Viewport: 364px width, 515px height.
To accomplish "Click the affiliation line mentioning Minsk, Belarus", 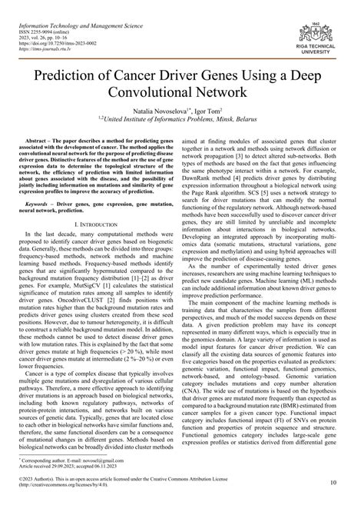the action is click(x=181, y=134).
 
